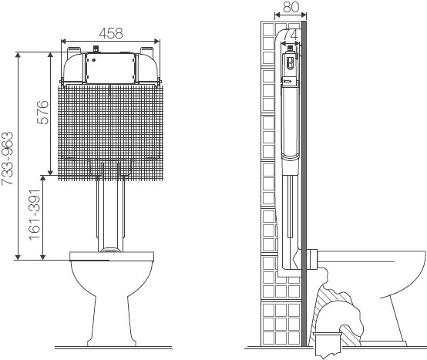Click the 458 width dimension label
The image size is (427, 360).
[111, 33]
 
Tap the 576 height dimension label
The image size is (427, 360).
[42, 113]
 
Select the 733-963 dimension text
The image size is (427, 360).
[7, 159]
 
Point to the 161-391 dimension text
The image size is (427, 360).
[35, 215]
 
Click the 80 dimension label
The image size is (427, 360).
[291, 7]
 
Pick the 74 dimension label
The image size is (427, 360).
[291, 35]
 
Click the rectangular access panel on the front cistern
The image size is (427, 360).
[110, 68]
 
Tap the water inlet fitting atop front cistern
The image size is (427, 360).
[96, 49]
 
